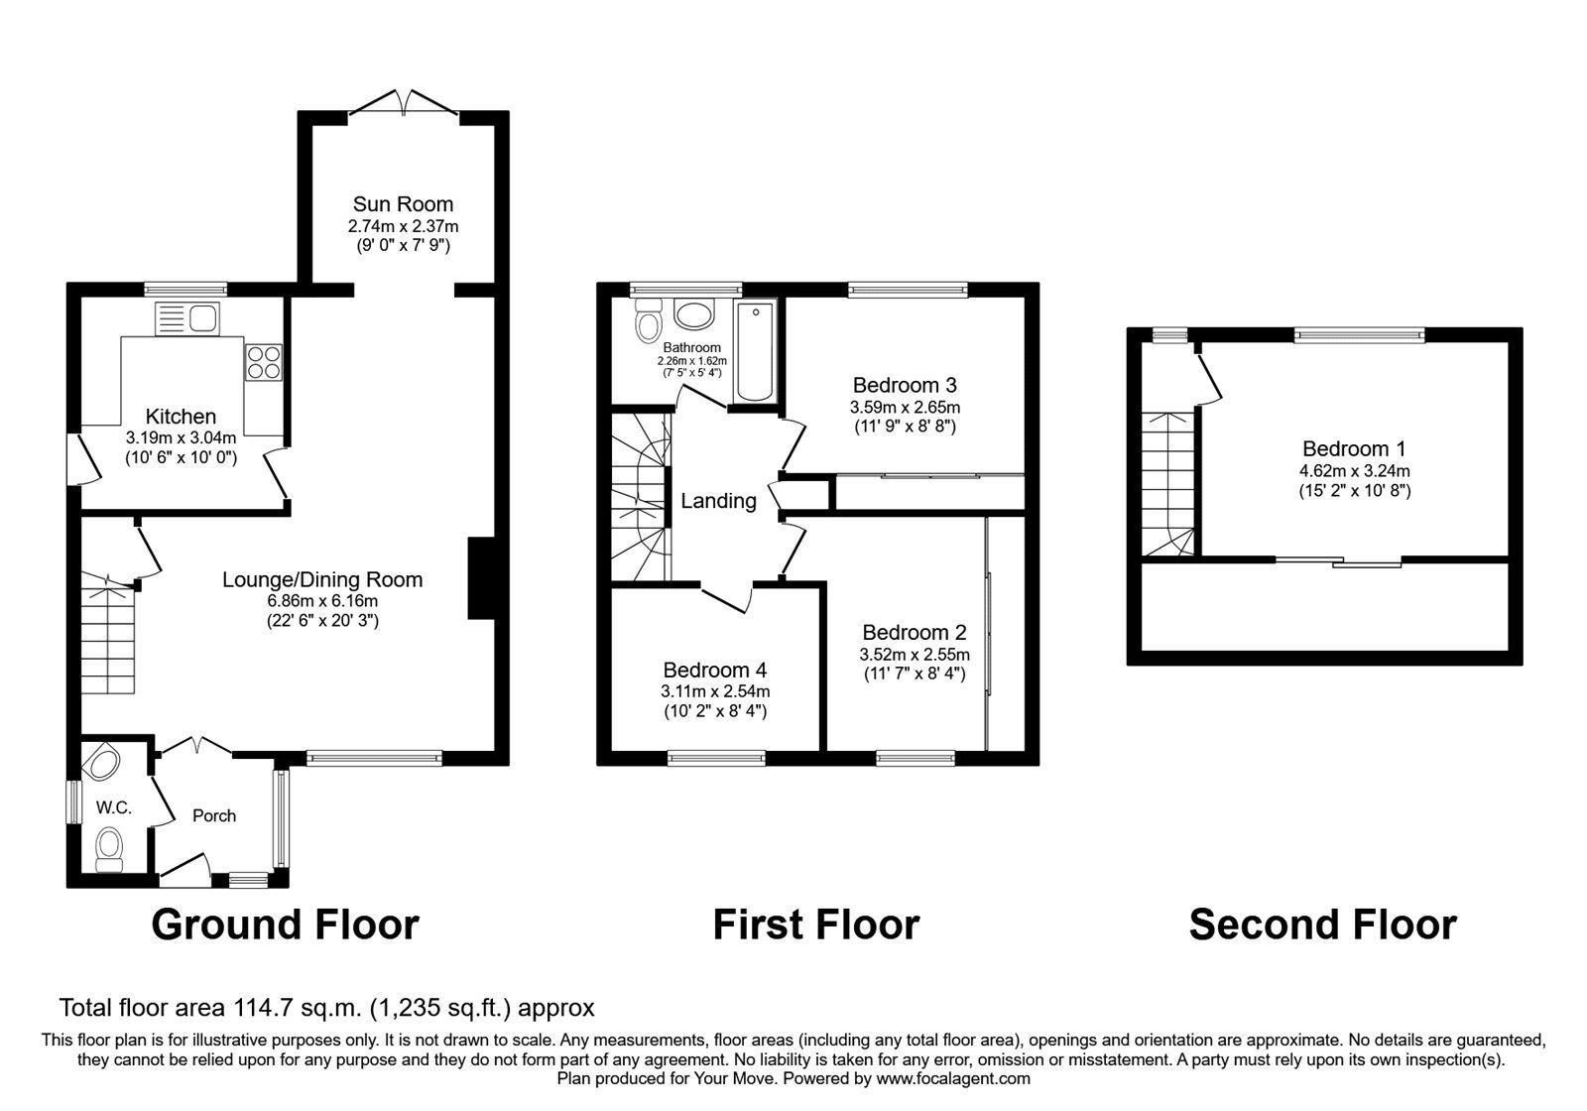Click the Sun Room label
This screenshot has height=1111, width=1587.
[403, 204]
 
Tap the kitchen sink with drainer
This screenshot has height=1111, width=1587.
[187, 318]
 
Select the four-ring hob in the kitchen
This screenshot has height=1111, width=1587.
[264, 363]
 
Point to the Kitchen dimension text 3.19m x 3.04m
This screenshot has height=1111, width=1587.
[182, 437]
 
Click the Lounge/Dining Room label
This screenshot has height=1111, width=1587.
[322, 579]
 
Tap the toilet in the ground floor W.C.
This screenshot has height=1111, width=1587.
[109, 850]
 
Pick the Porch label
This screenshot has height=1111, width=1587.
[214, 815]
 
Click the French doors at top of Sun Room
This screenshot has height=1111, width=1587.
[404, 103]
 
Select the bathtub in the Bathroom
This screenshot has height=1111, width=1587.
[756, 350]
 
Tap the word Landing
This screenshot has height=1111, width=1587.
[718, 501]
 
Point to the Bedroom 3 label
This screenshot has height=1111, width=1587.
[905, 385]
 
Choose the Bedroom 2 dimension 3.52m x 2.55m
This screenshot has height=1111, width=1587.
[915, 654]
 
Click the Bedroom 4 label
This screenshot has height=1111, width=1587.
[715, 670]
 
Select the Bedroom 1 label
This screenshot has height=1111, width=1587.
[1354, 448]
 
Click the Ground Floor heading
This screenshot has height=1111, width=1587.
[286, 924]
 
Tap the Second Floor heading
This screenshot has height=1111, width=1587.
[1323, 924]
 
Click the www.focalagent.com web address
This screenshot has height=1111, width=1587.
[953, 1078]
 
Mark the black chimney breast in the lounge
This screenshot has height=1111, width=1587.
[482, 579]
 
